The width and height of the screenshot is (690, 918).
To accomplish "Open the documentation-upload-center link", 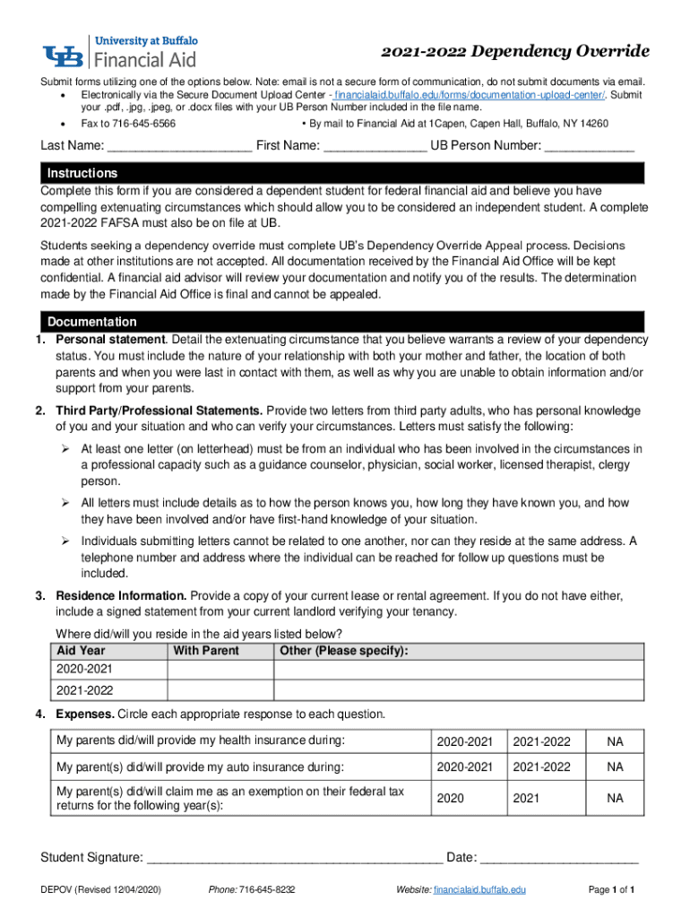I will (470, 94).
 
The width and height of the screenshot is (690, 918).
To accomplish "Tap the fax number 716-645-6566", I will (141, 124).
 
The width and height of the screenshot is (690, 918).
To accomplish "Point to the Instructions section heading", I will (82, 173).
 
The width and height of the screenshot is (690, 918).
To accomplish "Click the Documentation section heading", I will (92, 322).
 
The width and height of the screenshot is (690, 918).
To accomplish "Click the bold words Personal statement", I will (110, 340).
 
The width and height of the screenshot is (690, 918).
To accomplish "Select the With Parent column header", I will (206, 651).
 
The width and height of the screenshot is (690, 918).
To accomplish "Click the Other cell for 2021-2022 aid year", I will (458, 690).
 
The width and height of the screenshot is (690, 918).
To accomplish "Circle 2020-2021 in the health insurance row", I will (464, 741).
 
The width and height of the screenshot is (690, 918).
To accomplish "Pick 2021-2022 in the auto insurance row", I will (540, 767).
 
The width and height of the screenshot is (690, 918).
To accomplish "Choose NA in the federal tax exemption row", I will (615, 798).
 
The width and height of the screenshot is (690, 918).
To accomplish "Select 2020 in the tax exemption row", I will (451, 798).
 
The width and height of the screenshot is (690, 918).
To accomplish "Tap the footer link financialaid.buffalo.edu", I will (479, 890).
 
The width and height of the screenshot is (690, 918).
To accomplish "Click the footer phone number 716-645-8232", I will (266, 890).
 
